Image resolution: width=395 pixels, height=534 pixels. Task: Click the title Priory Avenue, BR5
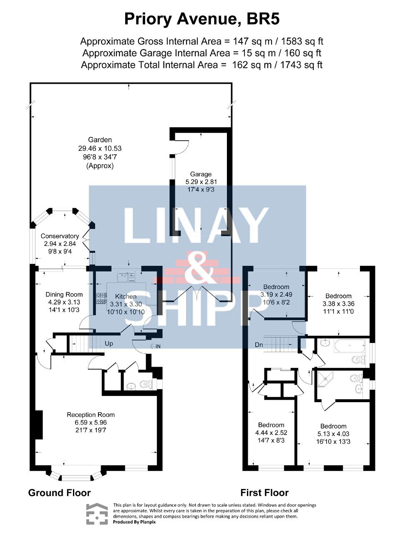(x=202, y=20)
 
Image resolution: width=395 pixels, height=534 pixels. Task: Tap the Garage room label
(x=201, y=174)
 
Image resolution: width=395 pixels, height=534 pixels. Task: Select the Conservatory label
(x=60, y=236)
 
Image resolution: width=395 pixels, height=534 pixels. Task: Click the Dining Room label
(x=64, y=295)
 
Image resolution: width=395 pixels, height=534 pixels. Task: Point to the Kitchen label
(x=126, y=296)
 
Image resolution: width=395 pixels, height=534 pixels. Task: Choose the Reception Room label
(x=91, y=415)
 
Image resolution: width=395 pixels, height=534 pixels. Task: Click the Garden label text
(x=100, y=140)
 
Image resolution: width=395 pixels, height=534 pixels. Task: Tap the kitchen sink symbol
(x=126, y=277)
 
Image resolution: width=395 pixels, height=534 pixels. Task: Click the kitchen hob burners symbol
(x=102, y=298)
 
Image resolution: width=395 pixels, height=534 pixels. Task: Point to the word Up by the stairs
(x=109, y=344)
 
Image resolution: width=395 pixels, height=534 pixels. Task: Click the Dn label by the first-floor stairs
(x=259, y=345)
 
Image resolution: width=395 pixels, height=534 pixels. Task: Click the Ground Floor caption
(x=59, y=493)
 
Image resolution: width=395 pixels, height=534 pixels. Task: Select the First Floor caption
(x=264, y=493)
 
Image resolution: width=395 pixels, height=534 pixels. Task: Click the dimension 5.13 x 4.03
(x=333, y=434)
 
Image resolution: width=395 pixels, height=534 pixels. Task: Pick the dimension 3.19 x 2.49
(x=276, y=295)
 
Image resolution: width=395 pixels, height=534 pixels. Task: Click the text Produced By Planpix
(x=134, y=522)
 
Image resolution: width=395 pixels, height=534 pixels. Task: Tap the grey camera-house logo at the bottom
(x=97, y=513)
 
